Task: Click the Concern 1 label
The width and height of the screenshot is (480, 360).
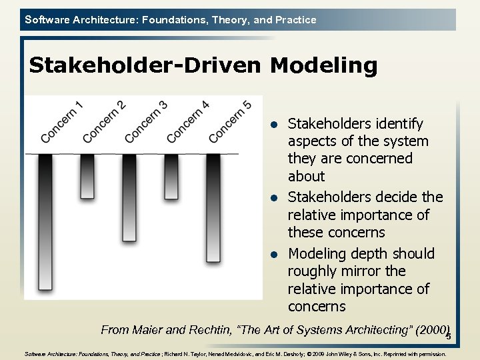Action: click(62, 121)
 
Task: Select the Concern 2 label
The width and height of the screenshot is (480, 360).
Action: click(104, 121)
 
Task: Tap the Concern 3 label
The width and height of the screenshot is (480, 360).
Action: click(146, 121)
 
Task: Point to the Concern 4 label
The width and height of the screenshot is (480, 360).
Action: click(188, 121)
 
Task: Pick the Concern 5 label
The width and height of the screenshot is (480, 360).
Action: click(230, 121)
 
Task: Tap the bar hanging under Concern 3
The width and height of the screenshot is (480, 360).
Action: click(129, 197)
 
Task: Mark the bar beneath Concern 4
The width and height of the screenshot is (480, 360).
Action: click(171, 177)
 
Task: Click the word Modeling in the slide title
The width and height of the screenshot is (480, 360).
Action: click(323, 65)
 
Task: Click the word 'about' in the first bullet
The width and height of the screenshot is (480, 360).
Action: click(306, 176)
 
